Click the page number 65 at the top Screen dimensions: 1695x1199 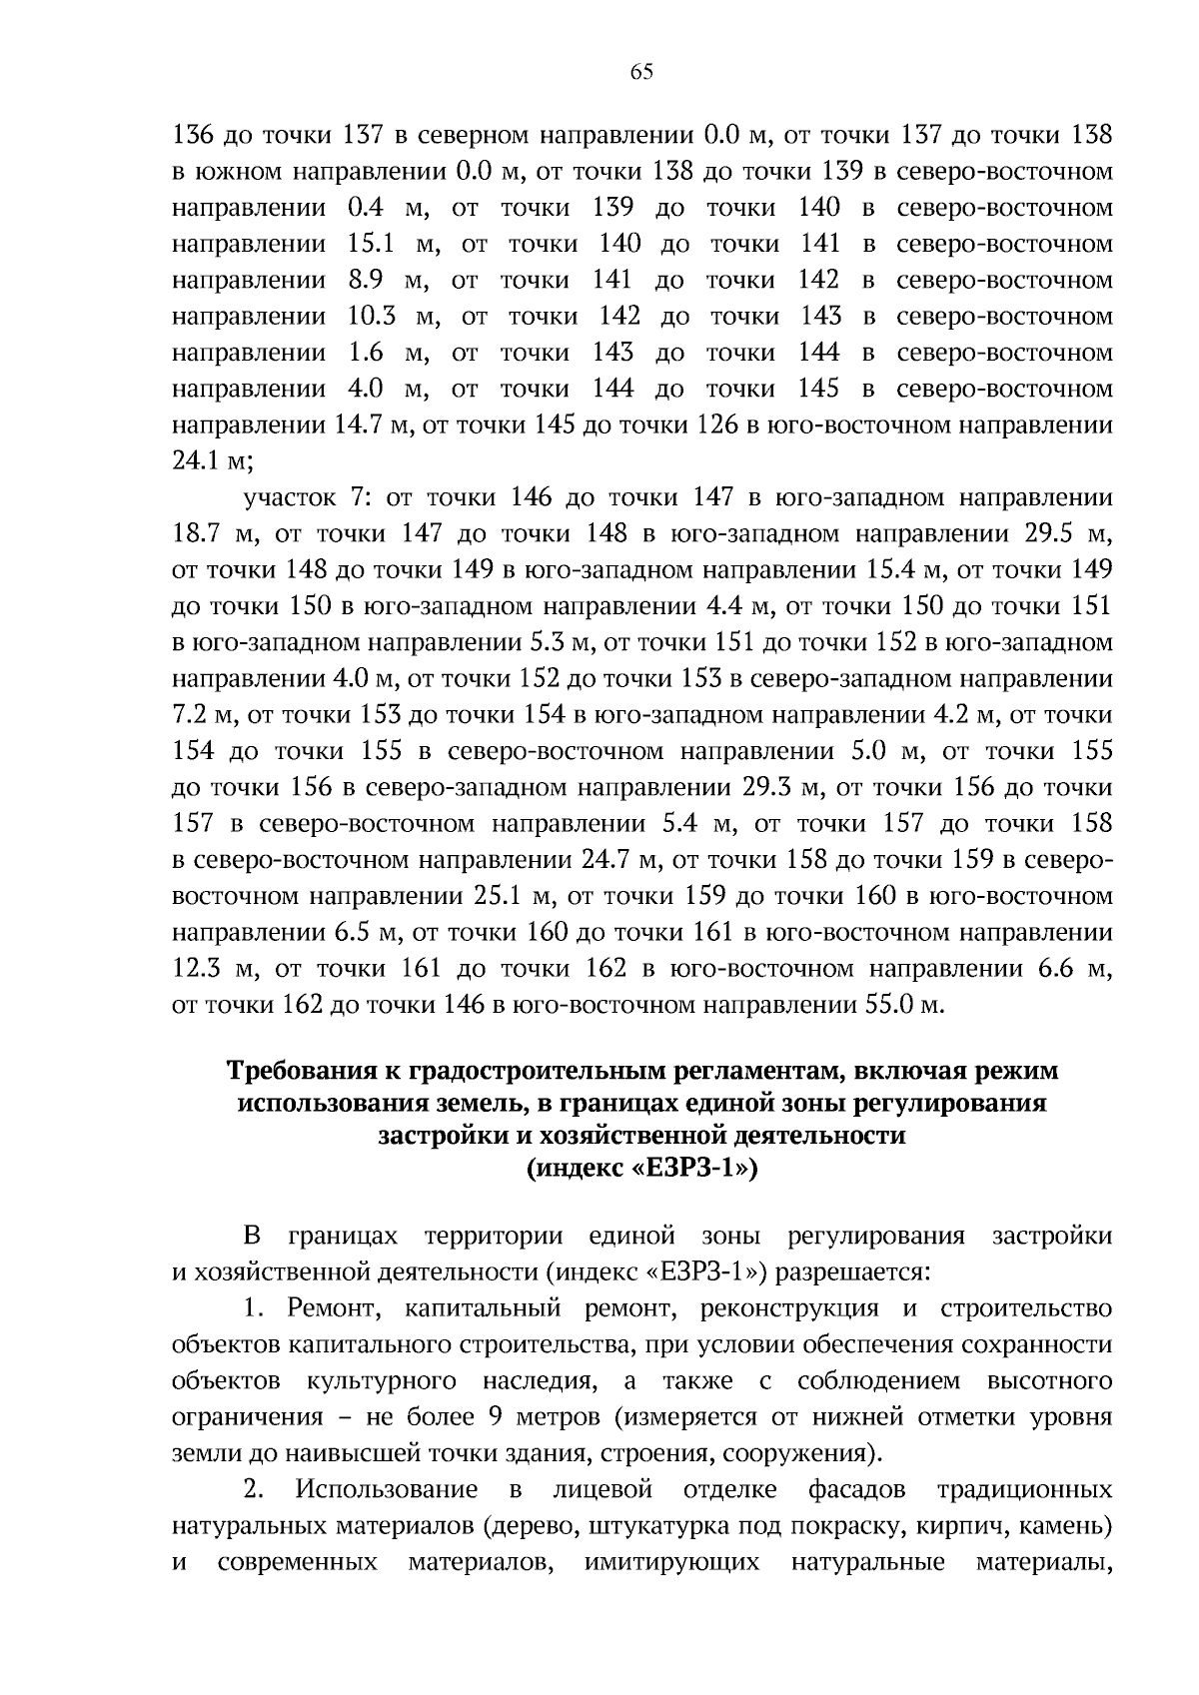click(641, 71)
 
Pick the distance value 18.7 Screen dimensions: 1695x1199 click(196, 533)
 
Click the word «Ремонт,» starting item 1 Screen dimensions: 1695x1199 click(327, 1308)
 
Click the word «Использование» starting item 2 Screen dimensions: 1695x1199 click(386, 1490)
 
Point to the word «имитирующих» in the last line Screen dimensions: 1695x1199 click(670, 1562)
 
